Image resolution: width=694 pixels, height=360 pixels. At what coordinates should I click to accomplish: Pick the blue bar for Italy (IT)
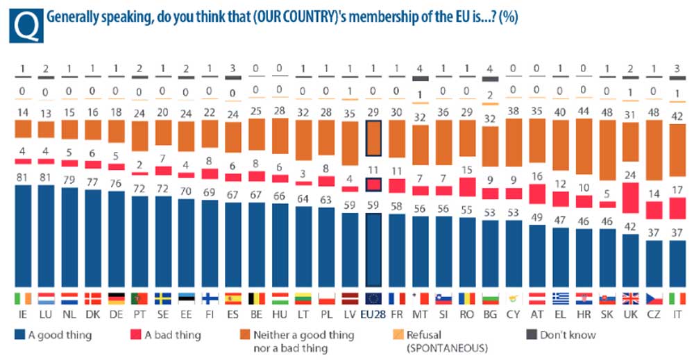pyautogui.click(x=677, y=263)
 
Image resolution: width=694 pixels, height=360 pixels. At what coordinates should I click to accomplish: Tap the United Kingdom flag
pyautogui.click(x=630, y=298)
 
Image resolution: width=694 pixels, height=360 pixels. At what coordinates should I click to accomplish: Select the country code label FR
pyautogui.click(x=396, y=314)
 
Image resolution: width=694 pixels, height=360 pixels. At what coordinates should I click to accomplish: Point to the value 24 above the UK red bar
pyautogui.click(x=630, y=174)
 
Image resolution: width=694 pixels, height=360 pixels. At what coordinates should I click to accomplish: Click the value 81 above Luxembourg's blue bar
pyautogui.click(x=46, y=178)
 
